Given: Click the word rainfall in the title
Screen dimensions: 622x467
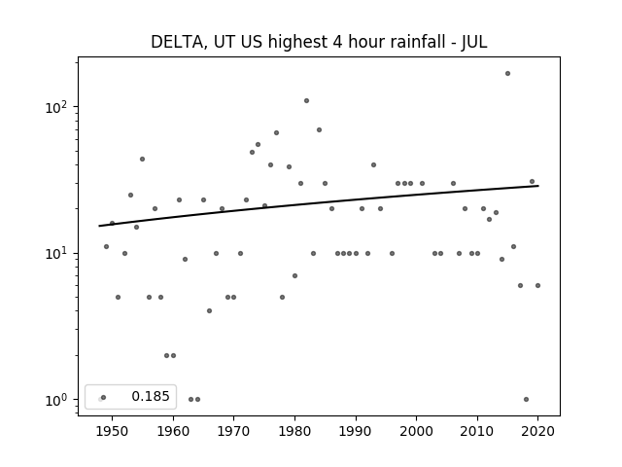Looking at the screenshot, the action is [420, 42].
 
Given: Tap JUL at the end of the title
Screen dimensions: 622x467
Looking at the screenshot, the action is [474, 42].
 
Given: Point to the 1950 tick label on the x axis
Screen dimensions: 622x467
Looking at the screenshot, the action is [112, 431].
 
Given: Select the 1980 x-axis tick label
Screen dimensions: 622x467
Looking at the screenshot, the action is [294, 431].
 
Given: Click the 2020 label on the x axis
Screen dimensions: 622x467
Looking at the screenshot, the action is [537, 431].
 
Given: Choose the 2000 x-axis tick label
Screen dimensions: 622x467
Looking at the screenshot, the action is [416, 431].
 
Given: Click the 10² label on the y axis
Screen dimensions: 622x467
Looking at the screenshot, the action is [59, 107].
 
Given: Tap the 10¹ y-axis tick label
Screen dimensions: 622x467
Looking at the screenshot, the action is [59, 253].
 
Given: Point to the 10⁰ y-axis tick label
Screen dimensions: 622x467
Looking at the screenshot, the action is [59, 400].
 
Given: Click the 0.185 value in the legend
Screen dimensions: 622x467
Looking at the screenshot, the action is [151, 396].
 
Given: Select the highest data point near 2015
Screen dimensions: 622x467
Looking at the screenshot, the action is [507, 74].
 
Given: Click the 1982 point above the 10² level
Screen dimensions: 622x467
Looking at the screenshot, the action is [307, 101].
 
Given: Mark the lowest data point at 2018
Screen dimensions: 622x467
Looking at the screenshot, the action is [526, 400].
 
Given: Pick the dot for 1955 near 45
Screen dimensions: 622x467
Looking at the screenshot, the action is [143, 160].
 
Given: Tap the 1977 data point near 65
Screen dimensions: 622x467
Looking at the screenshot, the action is [276, 133].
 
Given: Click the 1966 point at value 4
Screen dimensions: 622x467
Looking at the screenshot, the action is [210, 311].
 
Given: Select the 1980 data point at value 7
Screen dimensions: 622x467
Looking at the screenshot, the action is [294, 276].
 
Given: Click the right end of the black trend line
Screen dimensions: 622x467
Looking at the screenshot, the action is [538, 186].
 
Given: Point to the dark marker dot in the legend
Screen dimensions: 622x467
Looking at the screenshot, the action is [104, 398].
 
